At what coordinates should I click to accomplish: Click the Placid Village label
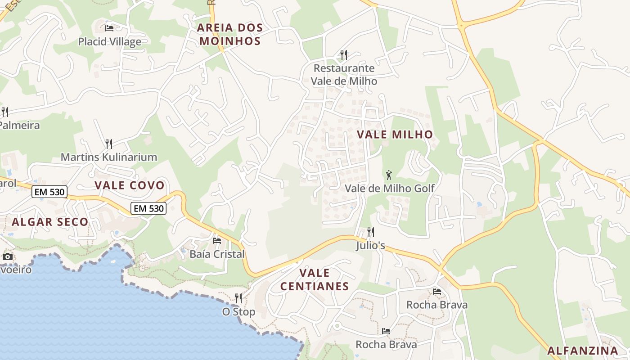pyautogui.click(x=109, y=42)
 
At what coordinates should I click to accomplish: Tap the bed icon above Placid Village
pyautogui.click(x=109, y=28)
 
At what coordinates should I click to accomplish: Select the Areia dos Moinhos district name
pyautogui.click(x=230, y=34)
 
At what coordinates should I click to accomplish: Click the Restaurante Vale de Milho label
pyautogui.click(x=344, y=75)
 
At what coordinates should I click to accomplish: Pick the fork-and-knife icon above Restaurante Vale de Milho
pyautogui.click(x=344, y=55)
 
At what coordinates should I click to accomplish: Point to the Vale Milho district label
pyautogui.click(x=395, y=134)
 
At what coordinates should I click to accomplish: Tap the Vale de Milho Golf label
pyautogui.click(x=390, y=188)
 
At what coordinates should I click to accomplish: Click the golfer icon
pyautogui.click(x=389, y=175)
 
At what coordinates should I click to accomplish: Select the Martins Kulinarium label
pyautogui.click(x=109, y=157)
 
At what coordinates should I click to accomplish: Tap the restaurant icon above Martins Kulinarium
pyautogui.click(x=109, y=144)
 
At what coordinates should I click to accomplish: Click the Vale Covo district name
pyautogui.click(x=130, y=185)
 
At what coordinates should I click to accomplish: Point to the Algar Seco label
pyautogui.click(x=50, y=222)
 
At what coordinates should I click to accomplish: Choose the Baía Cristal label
pyautogui.click(x=217, y=254)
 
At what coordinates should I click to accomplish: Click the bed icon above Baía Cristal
pyautogui.click(x=217, y=241)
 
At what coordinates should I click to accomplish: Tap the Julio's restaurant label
pyautogui.click(x=371, y=246)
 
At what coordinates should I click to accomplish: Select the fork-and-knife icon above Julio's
pyautogui.click(x=371, y=232)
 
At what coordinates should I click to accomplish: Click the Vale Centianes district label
pyautogui.click(x=315, y=279)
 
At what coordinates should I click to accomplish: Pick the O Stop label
pyautogui.click(x=238, y=311)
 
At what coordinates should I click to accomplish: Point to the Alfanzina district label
pyautogui.click(x=583, y=351)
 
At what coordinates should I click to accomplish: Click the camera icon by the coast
pyautogui.click(x=8, y=257)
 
